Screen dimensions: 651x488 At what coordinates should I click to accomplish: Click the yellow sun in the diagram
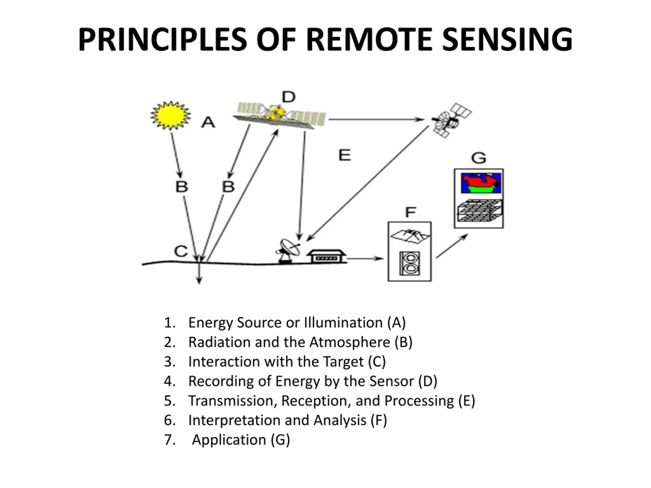coord(171,116)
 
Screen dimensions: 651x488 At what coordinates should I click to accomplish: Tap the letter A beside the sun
coord(208,122)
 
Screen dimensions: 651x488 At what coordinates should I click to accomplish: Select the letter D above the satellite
coord(288,97)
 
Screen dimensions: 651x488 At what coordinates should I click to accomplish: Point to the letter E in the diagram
coord(345,155)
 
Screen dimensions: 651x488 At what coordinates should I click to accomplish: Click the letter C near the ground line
coord(181,251)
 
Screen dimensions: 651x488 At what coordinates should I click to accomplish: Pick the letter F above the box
coord(410,212)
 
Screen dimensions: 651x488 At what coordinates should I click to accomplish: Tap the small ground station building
coord(326,256)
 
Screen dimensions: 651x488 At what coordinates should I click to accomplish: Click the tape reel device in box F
coord(410,264)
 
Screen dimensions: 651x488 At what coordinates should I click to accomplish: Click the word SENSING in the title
coord(507,39)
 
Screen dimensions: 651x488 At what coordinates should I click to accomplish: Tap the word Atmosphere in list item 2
coord(350,342)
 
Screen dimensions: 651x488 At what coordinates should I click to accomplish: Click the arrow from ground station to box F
coord(365,259)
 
